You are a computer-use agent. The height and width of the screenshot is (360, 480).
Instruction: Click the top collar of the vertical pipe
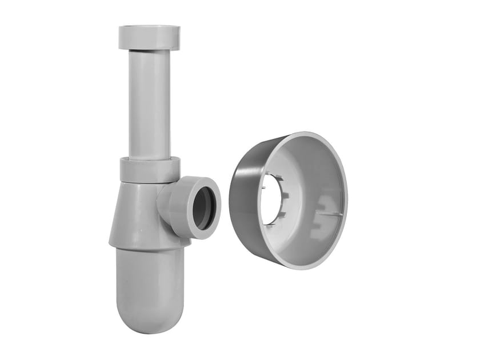point(149,37)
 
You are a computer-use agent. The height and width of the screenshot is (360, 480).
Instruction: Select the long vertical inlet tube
point(149,103)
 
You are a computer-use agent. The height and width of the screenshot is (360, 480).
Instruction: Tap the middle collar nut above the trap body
point(150,170)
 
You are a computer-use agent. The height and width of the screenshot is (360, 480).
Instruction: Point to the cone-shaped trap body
point(134,214)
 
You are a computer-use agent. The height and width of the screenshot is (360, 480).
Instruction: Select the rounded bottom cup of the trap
point(150,286)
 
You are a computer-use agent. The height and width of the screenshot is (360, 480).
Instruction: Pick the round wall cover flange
point(289,200)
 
